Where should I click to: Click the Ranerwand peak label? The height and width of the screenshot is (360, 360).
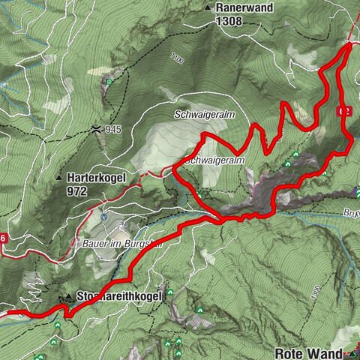[244, 7]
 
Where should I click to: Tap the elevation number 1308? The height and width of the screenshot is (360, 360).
[229, 22]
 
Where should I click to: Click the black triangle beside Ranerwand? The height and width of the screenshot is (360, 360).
[208, 8]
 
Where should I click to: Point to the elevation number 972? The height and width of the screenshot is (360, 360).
[76, 192]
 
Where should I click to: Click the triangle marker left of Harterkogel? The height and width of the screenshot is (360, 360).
[59, 178]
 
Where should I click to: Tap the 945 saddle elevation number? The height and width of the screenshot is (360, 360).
[113, 129]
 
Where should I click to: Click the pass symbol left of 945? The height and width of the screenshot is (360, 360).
[97, 129]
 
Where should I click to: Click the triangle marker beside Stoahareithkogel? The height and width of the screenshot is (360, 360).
[69, 297]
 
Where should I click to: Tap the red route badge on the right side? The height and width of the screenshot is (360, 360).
[344, 110]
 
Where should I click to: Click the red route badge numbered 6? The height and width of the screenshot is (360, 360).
[4, 238]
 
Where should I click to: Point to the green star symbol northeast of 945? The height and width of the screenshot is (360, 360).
[111, 79]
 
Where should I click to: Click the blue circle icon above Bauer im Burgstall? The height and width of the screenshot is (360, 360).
[105, 217]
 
